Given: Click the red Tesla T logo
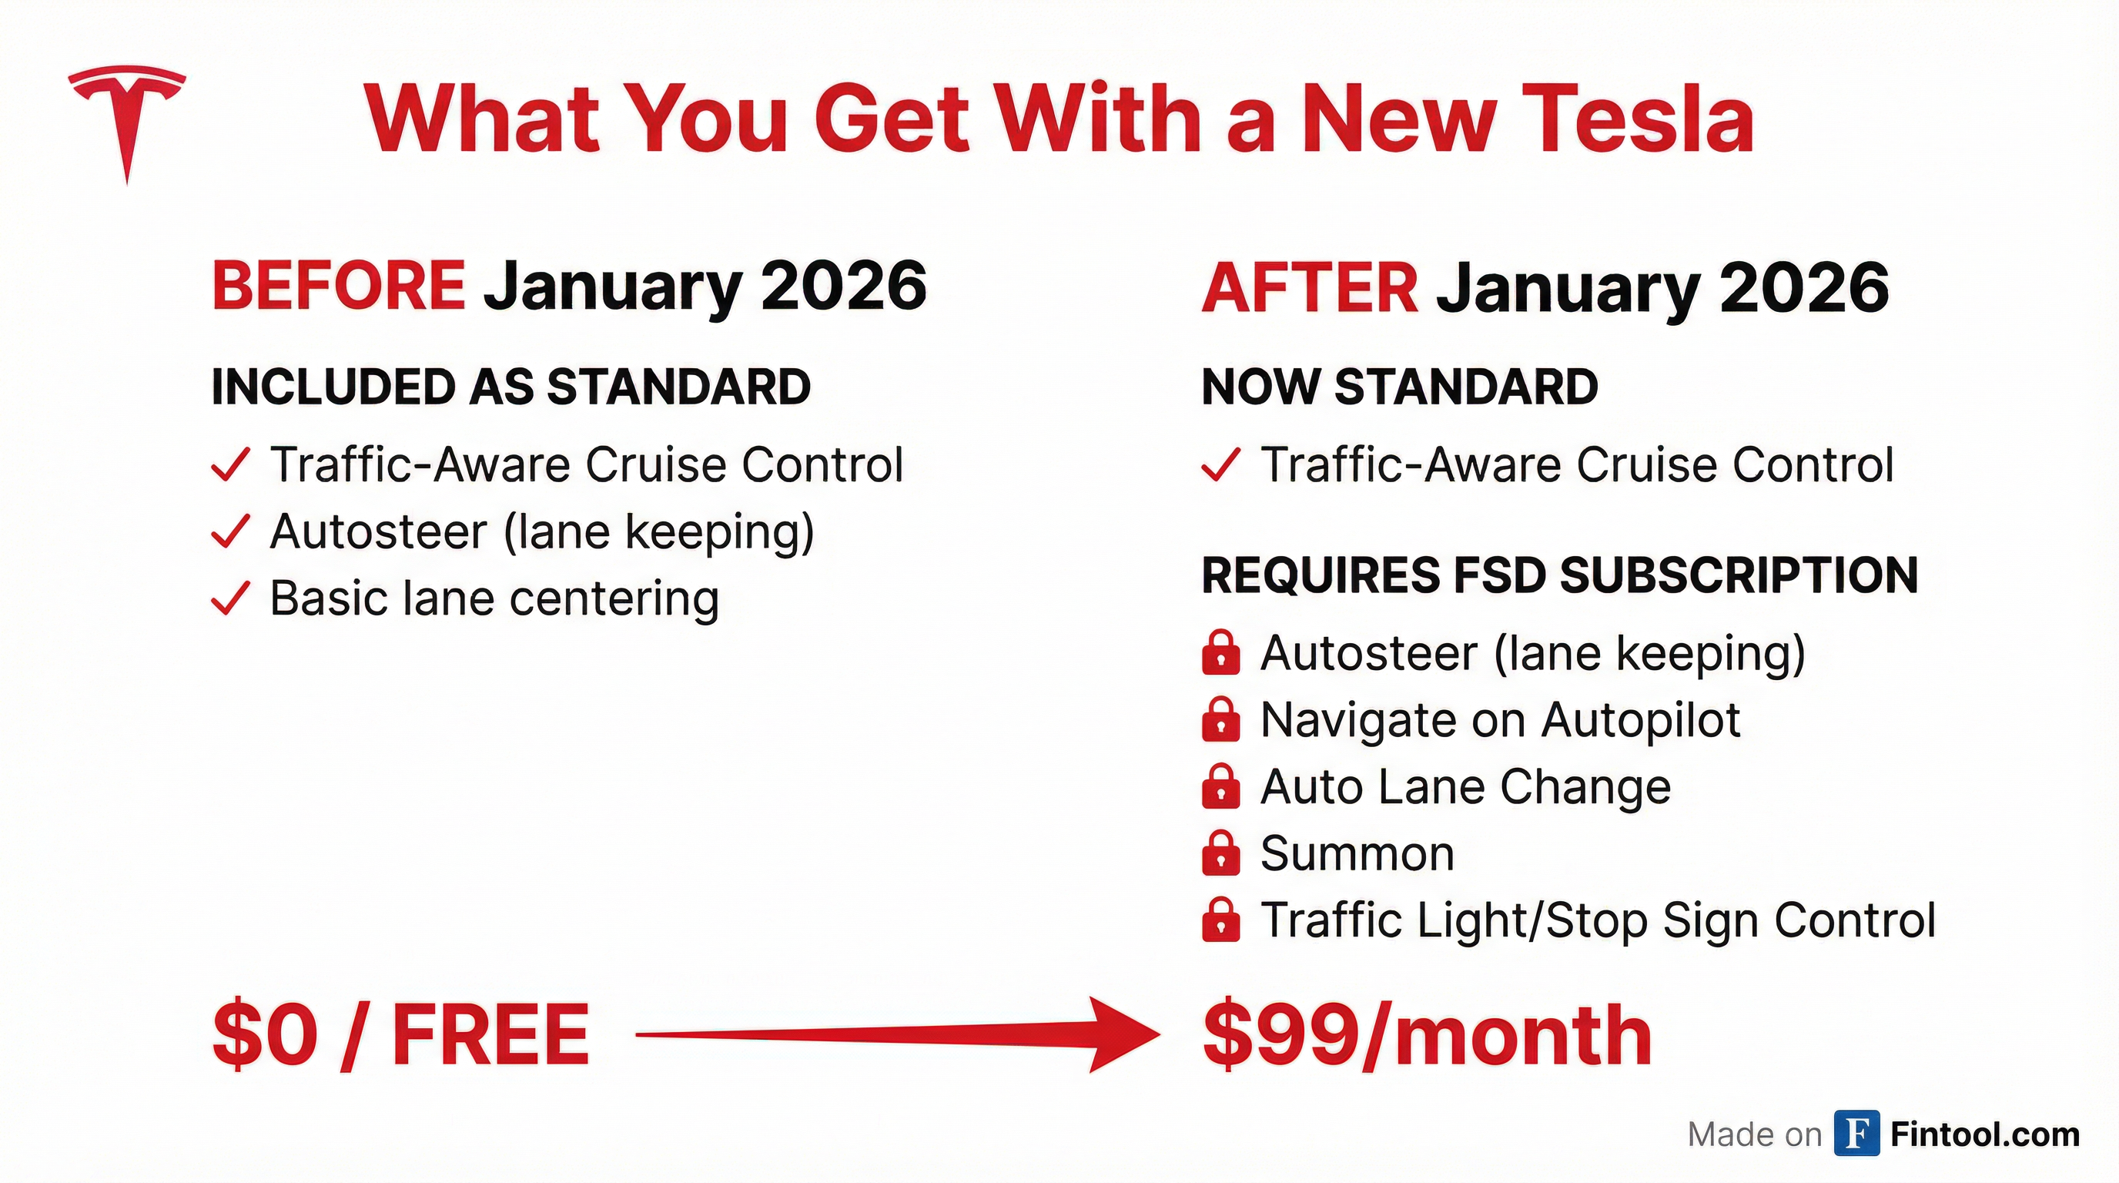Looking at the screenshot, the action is (x=127, y=123).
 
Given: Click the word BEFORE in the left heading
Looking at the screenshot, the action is (x=339, y=286).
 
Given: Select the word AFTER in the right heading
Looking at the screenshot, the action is (x=1310, y=288).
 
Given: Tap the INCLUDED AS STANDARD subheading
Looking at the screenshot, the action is (x=511, y=387).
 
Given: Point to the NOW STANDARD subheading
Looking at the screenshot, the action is (x=1399, y=387).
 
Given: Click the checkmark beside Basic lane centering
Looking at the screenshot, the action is (x=230, y=599).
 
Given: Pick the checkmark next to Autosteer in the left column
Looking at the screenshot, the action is (x=230, y=531).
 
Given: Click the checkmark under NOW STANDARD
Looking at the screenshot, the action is (x=1220, y=465).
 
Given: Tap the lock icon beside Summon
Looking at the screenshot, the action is (x=1220, y=853).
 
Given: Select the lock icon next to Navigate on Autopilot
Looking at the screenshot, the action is (x=1220, y=720).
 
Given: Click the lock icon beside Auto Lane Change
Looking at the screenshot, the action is (x=1220, y=786).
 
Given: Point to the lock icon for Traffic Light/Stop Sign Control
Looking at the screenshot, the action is (x=1220, y=920).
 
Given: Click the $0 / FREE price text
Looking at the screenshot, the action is (x=401, y=1035).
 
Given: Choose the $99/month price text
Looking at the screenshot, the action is (x=1428, y=1035).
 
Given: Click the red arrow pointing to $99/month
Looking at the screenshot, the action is (x=896, y=1035).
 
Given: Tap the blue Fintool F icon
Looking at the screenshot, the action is (x=1856, y=1134).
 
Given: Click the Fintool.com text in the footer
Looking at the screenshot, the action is (x=1985, y=1134).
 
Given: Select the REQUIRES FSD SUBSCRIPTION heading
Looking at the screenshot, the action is (x=1560, y=575).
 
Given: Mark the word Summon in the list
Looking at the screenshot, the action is (x=1357, y=853).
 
